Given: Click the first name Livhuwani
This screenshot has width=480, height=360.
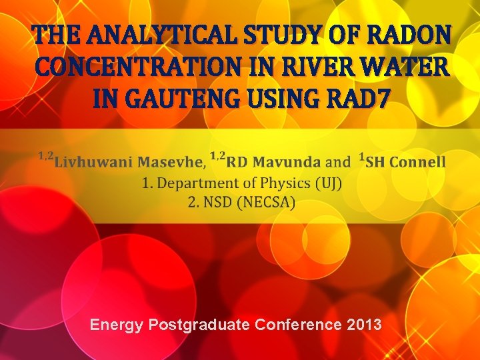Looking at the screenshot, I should (93, 162).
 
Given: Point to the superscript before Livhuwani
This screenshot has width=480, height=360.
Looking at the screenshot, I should (45, 156).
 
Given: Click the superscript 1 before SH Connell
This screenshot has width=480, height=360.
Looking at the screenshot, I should (361, 157).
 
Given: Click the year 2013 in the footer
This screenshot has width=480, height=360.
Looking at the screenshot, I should (364, 325).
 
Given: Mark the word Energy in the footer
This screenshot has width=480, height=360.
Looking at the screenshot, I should (117, 325).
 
